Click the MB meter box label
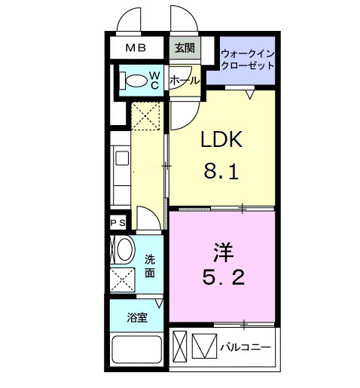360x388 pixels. (136, 48)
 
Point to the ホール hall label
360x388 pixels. (185, 80)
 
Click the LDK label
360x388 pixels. (221, 141)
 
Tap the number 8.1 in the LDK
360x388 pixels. (221, 173)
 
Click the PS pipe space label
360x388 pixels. (117, 223)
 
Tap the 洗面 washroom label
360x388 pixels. (151, 264)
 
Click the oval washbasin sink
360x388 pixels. (123, 249)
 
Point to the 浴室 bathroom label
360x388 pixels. (136, 316)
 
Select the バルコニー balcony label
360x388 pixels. (246, 348)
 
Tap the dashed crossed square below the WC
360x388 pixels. (145, 116)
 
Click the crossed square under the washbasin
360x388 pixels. (123, 280)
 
